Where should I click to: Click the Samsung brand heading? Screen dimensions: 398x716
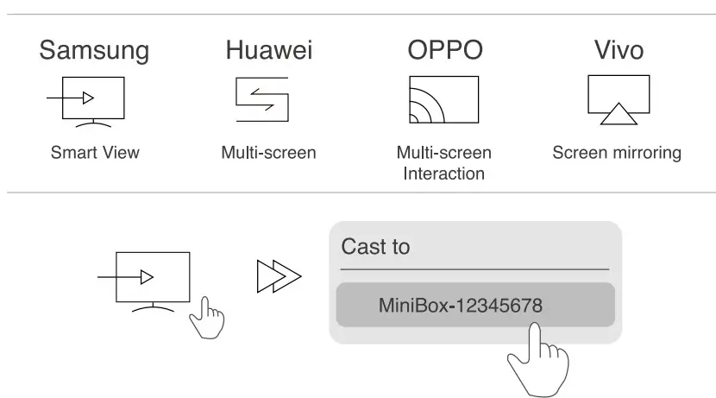(93, 50)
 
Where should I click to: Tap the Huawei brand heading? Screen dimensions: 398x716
(268, 50)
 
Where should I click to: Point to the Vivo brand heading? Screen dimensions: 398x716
(619, 50)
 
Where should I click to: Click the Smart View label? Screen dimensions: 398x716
(94, 154)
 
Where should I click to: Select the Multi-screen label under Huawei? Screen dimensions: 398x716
(268, 154)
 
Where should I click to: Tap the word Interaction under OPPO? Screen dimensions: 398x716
(444, 174)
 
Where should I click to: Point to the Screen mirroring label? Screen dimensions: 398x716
(617, 154)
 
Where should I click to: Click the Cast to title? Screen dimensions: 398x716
(375, 247)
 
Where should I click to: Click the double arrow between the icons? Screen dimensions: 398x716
(278, 278)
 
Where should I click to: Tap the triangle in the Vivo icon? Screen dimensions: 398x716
(619, 113)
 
